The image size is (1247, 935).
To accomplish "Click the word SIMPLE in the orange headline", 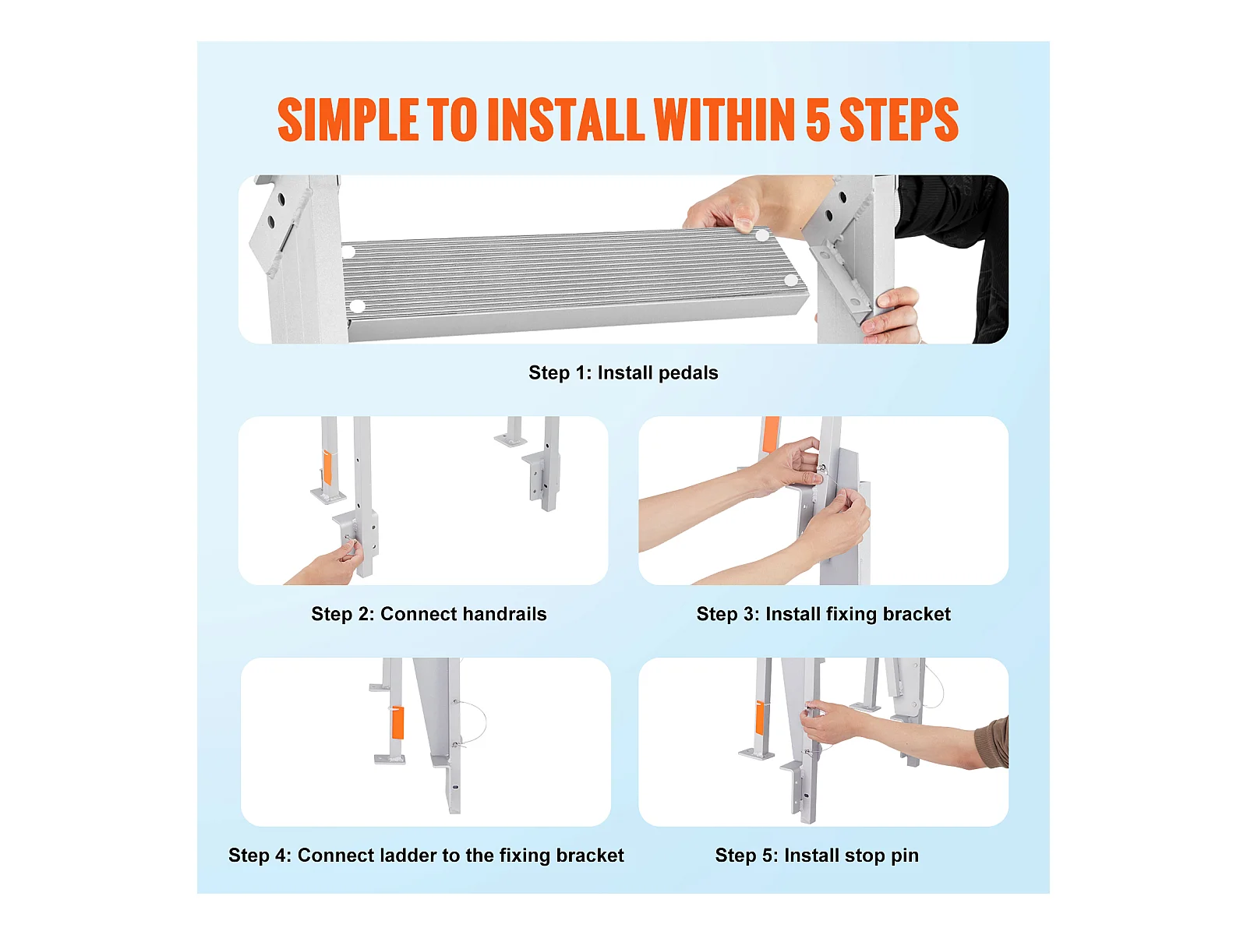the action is coord(348,119).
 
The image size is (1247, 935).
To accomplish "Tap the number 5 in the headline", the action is coord(818,119).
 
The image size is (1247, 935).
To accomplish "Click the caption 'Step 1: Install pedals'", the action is coord(623,373).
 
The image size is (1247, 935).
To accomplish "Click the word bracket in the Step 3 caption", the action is coord(917,614).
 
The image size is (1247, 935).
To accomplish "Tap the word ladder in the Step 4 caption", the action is coord(408,855).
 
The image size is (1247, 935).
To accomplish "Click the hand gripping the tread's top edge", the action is coord(733,207).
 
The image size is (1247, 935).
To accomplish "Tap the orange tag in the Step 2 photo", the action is coord(327,467).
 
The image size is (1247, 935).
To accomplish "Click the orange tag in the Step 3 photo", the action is coord(770,434).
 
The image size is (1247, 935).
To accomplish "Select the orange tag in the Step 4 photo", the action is coord(397,723).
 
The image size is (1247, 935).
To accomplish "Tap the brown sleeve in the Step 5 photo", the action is coord(992,743).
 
